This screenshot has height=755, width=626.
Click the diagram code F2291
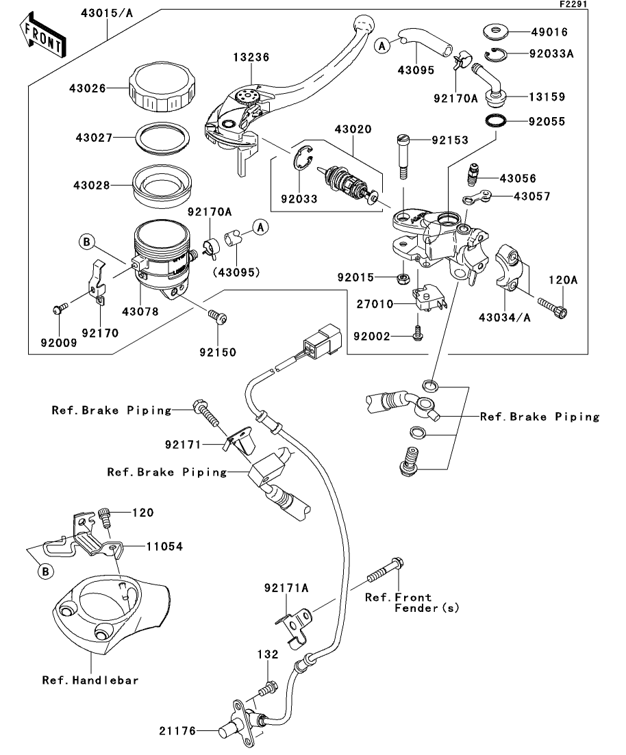click(x=573, y=4)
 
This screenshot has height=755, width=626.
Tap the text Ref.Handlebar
click(x=90, y=680)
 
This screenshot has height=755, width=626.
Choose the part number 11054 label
click(x=164, y=546)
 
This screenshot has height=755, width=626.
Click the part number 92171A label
click(x=287, y=588)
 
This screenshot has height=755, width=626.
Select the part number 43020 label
click(x=353, y=129)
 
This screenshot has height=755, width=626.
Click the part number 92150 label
click(x=218, y=353)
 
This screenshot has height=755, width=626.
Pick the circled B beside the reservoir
click(x=87, y=240)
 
